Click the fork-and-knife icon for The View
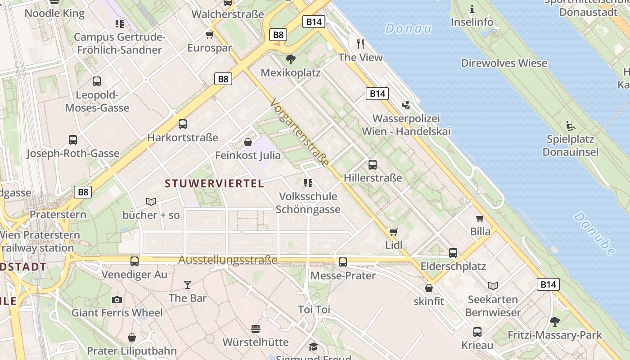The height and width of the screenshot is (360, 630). pos(360,44)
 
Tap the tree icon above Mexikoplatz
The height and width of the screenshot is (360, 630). pos(291,59)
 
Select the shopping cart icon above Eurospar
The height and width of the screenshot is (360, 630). pos(209,35)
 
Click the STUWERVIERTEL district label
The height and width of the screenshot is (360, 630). pos(214,184)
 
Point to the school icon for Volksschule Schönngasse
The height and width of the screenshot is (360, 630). pos(308,183)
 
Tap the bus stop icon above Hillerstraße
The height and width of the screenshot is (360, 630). pos(373,165)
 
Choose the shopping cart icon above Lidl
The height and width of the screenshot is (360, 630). pos(394,232)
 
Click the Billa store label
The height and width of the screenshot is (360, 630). pos(480,232)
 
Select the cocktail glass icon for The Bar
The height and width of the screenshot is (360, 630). pos(188,284)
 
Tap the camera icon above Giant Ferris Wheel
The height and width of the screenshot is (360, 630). pos(117,300)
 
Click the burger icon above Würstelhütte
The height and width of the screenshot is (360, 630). pos(256,329)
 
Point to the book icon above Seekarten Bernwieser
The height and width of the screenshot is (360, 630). pos(493,286)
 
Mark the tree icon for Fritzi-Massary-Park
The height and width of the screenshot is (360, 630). pos(555,321)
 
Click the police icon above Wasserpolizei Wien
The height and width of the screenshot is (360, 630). pos(406,105)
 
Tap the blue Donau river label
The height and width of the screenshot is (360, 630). pos(408,29)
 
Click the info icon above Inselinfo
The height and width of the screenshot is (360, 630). pos(472,9)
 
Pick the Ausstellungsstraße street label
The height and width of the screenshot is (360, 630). pos(228,260)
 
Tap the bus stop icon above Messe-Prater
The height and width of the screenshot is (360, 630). pos(343,262)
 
